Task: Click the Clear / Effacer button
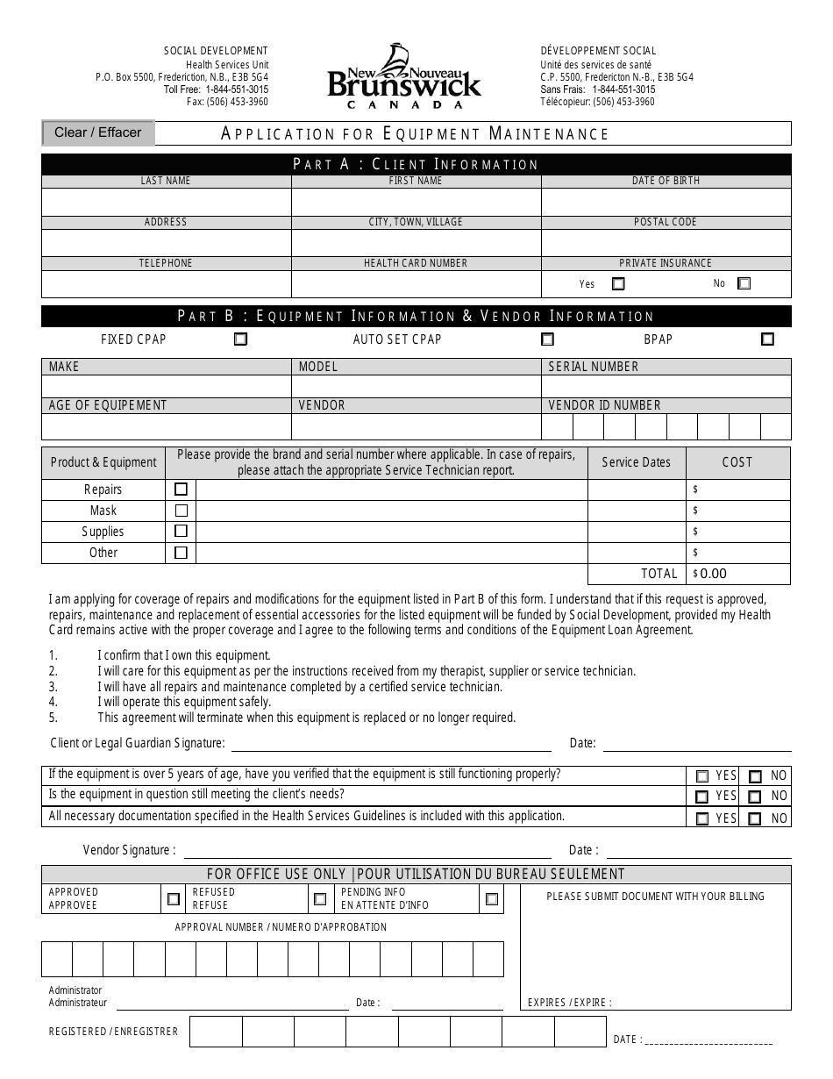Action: pyautogui.click(x=97, y=132)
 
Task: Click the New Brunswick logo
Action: pyautogui.click(x=404, y=77)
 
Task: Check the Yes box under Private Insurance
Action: pyautogui.click(x=618, y=283)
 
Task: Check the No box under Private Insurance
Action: pyautogui.click(x=744, y=283)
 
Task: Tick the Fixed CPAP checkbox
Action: pyautogui.click(x=240, y=339)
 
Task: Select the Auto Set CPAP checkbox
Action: pyautogui.click(x=547, y=339)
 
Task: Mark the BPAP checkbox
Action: pyautogui.click(x=767, y=339)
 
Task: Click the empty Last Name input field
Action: pyautogui.click(x=167, y=202)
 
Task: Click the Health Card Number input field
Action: pyautogui.click(x=416, y=284)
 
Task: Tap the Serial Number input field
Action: pyautogui.click(x=666, y=387)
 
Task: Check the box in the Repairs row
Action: pyautogui.click(x=182, y=489)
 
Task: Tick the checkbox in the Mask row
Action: pyautogui.click(x=182, y=511)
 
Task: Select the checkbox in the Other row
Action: pyautogui.click(x=182, y=553)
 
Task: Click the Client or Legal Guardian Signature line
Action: pyautogui.click(x=390, y=744)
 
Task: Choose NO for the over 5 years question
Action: pyautogui.click(x=755, y=776)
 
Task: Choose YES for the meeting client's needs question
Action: pyautogui.click(x=701, y=797)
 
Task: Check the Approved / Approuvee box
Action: pyautogui.click(x=174, y=899)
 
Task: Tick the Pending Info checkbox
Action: pyautogui.click(x=491, y=899)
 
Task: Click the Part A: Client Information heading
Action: pyautogui.click(x=416, y=164)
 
